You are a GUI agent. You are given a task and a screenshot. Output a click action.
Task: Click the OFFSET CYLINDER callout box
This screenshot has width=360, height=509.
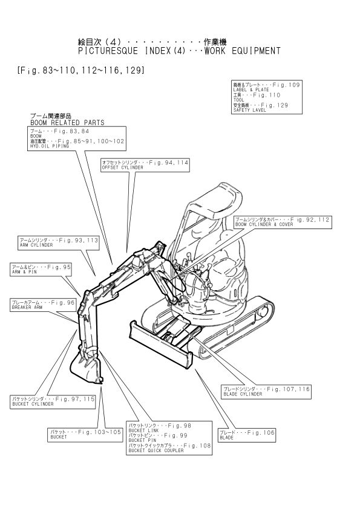tap(145, 165)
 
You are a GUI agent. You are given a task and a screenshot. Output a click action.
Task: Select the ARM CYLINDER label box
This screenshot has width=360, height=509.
tap(59, 243)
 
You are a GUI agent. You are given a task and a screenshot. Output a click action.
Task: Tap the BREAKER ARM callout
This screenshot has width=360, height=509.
tap(43, 305)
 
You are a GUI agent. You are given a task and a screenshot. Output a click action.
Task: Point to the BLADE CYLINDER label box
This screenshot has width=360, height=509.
tap(266, 392)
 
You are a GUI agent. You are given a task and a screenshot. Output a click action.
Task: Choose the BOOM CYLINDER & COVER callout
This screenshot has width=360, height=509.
tap(283, 222)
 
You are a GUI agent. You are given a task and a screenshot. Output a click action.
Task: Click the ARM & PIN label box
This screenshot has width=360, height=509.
tap(41, 270)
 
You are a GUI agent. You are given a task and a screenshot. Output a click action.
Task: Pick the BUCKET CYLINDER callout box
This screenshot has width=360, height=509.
tap(53, 401)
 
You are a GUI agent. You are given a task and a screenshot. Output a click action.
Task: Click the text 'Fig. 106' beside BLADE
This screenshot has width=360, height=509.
tap(261, 432)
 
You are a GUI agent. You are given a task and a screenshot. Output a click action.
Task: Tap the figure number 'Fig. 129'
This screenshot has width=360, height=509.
tap(274, 105)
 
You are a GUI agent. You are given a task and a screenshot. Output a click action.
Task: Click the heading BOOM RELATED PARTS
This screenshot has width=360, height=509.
tap(67, 123)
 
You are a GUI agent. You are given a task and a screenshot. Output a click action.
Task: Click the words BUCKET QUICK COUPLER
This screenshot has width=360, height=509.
tap(156, 450)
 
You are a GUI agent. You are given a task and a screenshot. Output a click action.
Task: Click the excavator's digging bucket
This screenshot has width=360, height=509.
tap(86, 365)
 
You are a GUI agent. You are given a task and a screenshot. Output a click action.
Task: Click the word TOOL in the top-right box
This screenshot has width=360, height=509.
tap(238, 100)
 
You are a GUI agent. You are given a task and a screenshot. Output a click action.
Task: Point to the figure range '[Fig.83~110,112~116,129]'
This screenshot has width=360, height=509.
tap(81, 70)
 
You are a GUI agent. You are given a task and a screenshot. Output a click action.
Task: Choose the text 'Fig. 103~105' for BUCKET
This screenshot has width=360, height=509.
tap(99, 432)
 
